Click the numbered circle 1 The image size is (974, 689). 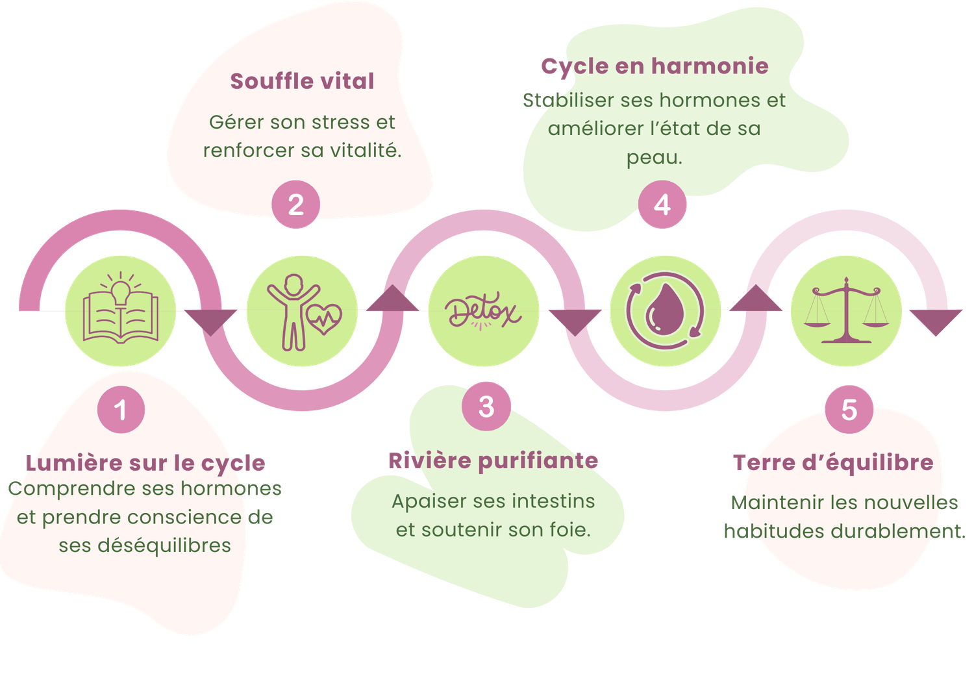121,410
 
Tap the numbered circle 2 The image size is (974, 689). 295,205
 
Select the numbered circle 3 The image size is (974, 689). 486,407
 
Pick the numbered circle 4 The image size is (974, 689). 662,205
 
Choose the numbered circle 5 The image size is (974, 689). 849,410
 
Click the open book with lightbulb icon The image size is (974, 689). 121,310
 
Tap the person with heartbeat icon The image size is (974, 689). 303,312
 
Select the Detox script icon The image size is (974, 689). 484,312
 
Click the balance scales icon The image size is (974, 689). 846,310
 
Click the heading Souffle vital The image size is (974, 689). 302,81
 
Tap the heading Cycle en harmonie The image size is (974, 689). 655,66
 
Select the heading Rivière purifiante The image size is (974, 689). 493,460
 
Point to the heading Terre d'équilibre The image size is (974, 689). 833,462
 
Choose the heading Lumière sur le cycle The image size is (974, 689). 146,463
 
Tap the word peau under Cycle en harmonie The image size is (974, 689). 654,158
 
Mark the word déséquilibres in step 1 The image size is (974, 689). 164,545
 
